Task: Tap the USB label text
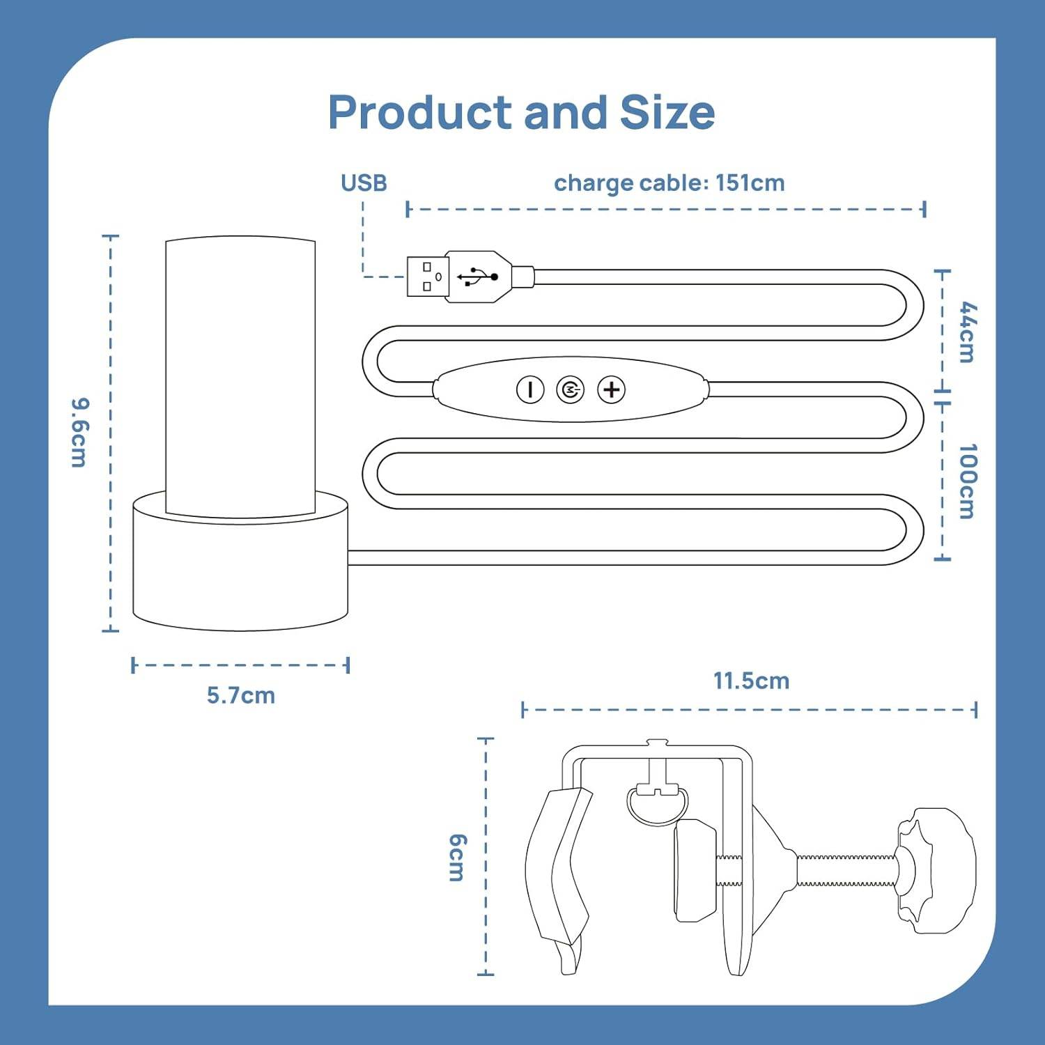point(364,183)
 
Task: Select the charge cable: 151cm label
point(669,183)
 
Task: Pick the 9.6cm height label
point(80,433)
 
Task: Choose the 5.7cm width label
point(241,695)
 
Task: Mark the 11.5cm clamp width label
point(751,681)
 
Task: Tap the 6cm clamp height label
point(457,858)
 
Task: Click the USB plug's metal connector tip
point(427,277)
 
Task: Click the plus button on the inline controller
point(612,389)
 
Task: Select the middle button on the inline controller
point(571,389)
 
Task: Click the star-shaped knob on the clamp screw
point(937,871)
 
